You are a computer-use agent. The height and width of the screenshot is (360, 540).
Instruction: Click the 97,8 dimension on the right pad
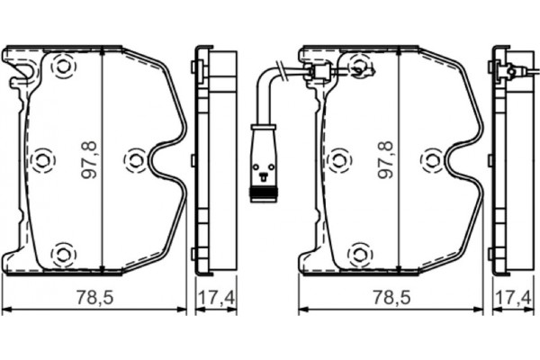pyautogui.click(x=386, y=159)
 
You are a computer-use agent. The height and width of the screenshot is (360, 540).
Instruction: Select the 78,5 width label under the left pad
pyautogui.click(x=94, y=296)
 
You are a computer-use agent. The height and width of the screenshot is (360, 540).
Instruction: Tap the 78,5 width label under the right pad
pyautogui.click(x=390, y=296)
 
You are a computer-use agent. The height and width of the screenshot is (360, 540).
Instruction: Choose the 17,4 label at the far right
pyautogui.click(x=511, y=296)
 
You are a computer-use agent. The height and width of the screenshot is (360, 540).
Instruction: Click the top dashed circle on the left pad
pyautogui.click(x=62, y=65)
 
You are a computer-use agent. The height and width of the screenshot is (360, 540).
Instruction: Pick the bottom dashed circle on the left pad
pyautogui.click(x=62, y=254)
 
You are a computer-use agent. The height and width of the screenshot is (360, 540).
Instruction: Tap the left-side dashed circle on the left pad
pyautogui.click(x=41, y=160)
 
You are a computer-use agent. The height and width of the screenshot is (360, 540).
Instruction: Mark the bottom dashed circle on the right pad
pyautogui.click(x=359, y=254)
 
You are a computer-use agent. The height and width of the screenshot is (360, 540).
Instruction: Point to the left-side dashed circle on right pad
pyautogui.click(x=338, y=160)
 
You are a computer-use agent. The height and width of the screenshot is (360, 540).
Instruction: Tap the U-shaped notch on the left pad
pyautogui.click(x=166, y=162)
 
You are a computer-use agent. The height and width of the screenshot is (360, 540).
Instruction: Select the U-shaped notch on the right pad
pyautogui.click(x=463, y=162)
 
